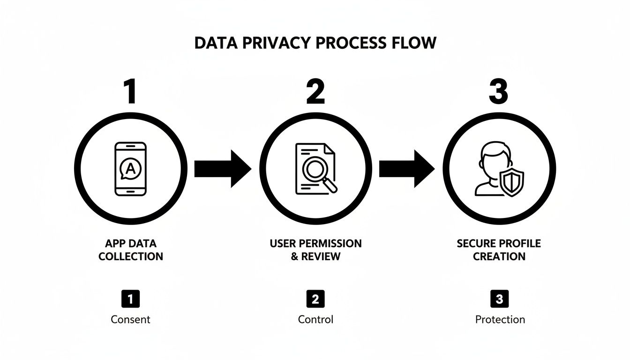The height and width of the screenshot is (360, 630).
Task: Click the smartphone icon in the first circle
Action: click(x=130, y=169)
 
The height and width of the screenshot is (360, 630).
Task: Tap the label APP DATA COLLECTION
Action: click(x=130, y=250)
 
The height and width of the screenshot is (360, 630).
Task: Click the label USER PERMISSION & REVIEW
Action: click(x=315, y=250)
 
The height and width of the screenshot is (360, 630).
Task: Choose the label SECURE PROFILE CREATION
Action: click(x=499, y=250)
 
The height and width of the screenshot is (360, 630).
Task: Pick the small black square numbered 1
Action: click(x=130, y=299)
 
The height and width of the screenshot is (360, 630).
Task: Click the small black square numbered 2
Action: click(x=315, y=299)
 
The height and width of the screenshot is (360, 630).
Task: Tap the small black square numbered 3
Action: click(x=499, y=299)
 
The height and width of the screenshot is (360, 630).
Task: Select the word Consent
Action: click(x=130, y=320)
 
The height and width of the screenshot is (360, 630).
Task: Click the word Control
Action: click(x=315, y=320)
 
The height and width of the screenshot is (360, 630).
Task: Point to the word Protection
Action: click(x=500, y=320)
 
